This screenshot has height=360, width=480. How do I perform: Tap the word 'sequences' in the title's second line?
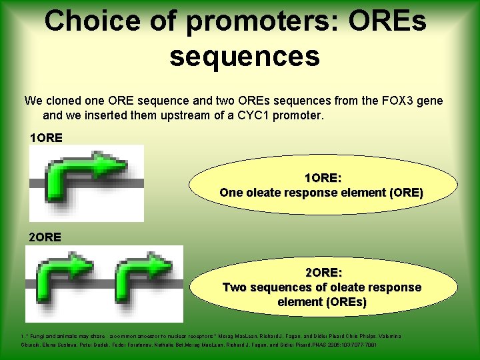coord(245,56)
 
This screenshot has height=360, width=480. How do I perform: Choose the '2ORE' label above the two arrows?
coord(46,237)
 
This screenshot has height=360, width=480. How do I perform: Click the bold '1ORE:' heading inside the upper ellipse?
coord(323,178)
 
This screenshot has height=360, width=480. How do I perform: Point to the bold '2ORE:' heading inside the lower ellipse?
coord(323,273)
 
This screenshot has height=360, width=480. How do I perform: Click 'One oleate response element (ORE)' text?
coord(321,193)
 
